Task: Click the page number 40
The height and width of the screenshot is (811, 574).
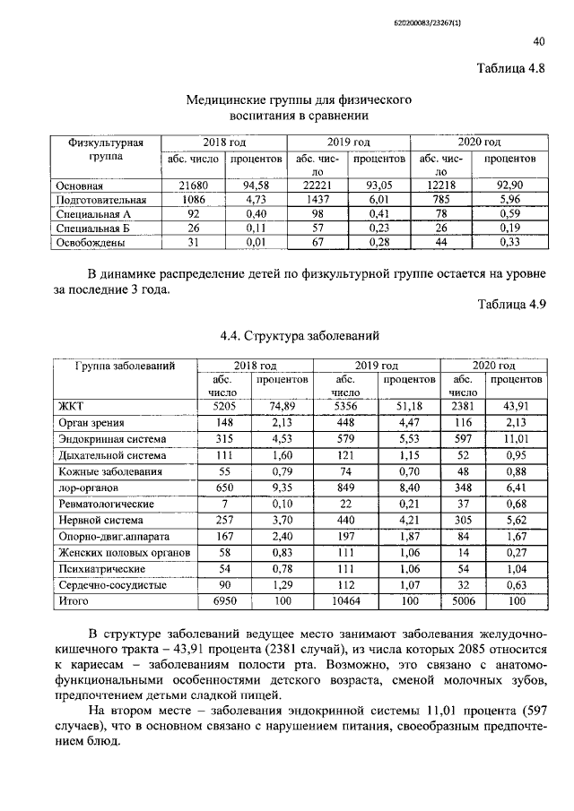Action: (538, 41)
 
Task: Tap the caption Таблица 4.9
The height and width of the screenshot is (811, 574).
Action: (510, 305)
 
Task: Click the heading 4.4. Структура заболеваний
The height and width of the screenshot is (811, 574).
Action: (297, 336)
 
